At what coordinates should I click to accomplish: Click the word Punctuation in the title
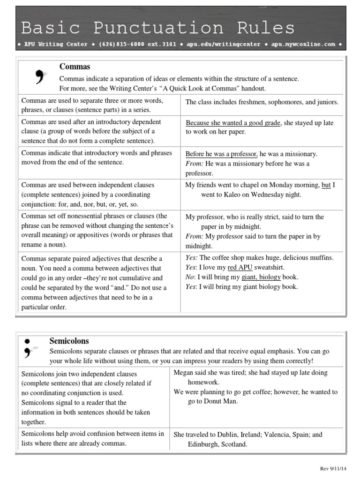[x=158, y=28]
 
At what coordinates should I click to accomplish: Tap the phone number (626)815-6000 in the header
[x=135, y=44]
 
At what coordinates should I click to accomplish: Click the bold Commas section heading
[x=75, y=67]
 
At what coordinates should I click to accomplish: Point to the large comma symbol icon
[x=40, y=76]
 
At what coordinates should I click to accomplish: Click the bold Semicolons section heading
[x=69, y=341]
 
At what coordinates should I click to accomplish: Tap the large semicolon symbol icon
[x=28, y=347]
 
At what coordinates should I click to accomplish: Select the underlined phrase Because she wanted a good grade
[x=233, y=123]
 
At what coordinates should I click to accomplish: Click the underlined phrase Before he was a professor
[x=221, y=154]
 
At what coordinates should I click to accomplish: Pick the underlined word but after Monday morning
[x=326, y=185]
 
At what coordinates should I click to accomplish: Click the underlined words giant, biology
[x=261, y=277]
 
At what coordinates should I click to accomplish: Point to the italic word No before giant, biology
[x=190, y=277]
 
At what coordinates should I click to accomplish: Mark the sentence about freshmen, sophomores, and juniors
[x=262, y=102]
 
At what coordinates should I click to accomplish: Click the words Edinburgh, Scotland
[x=217, y=444]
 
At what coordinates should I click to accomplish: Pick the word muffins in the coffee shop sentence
[x=320, y=258]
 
